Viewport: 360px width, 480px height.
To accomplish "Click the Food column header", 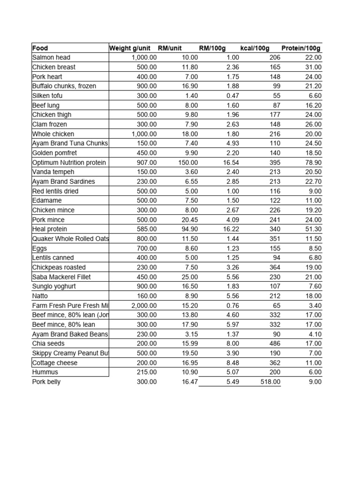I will (x=40, y=48).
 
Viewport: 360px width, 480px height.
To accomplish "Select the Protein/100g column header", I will (x=301, y=48).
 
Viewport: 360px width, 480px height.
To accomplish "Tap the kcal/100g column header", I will (x=255, y=48).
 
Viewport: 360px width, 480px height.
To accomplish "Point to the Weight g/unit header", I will (x=130, y=48).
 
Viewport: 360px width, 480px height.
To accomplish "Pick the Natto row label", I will (x=40, y=296).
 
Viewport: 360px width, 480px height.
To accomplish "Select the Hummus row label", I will (x=45, y=372).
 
